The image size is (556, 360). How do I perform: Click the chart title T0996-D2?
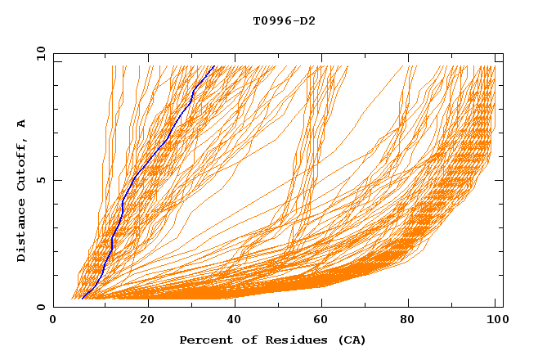tap(284, 20)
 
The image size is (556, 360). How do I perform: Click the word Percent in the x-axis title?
tap(202, 340)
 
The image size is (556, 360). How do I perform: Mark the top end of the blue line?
tap(213, 66)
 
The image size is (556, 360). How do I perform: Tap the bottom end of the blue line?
tap(83, 299)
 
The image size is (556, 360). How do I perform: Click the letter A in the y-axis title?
tap(21, 124)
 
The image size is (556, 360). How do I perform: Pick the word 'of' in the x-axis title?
tap(242, 340)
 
